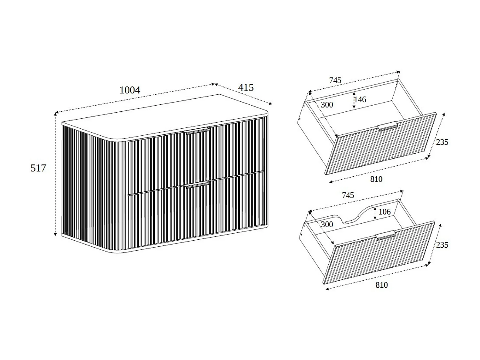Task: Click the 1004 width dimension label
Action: (x=130, y=90)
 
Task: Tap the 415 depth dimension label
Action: (x=246, y=87)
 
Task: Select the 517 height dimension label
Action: (x=38, y=168)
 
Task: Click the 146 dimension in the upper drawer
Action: (x=360, y=100)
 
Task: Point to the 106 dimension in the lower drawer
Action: (x=384, y=212)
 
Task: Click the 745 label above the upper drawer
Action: (x=335, y=80)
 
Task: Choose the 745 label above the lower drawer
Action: (x=348, y=195)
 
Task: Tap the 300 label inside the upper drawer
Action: (x=327, y=105)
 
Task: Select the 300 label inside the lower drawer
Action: (x=327, y=224)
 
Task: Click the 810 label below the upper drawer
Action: (x=376, y=179)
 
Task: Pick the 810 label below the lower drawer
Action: (x=381, y=285)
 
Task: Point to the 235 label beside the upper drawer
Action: (x=442, y=142)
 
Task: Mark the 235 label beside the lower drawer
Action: (x=442, y=245)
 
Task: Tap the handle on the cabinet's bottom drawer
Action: (x=196, y=185)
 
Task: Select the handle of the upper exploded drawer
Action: (x=388, y=126)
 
